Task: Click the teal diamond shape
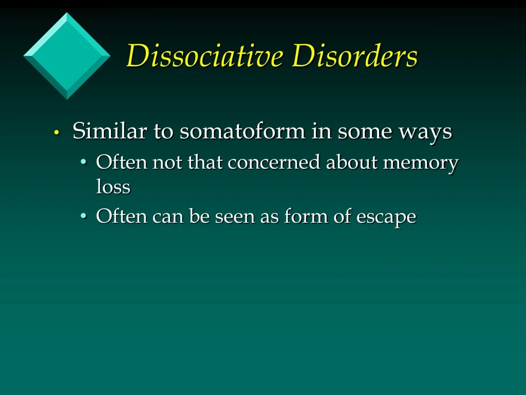point(67,56)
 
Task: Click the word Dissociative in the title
point(204,56)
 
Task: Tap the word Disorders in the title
point(354,56)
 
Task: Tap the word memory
point(421,164)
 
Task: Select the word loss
point(113,187)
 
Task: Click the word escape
point(386,217)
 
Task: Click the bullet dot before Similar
point(58,133)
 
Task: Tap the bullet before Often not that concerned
point(84,164)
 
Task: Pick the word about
point(352,163)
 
